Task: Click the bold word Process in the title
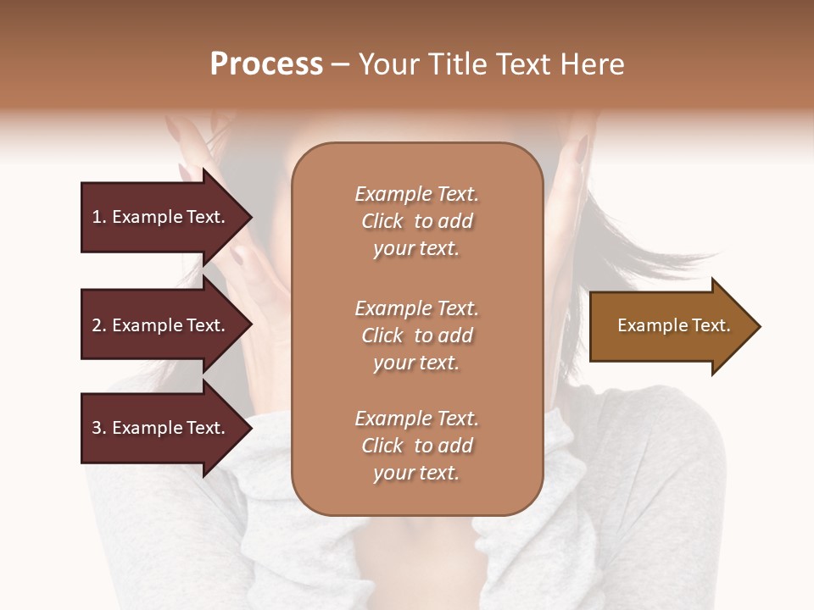(x=266, y=64)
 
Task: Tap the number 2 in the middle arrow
(x=96, y=325)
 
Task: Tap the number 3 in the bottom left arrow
(x=96, y=428)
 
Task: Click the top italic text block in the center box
(x=416, y=221)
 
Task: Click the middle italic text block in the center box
(x=416, y=335)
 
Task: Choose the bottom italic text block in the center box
(x=416, y=446)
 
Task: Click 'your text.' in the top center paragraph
(x=416, y=249)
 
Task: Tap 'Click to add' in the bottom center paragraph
(x=416, y=446)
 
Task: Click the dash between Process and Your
(x=341, y=64)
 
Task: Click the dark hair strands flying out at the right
(x=678, y=258)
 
